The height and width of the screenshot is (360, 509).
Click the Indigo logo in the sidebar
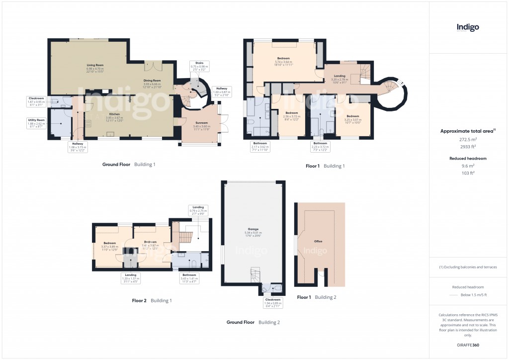tap(468, 28)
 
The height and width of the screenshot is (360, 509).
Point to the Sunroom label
tap(201, 125)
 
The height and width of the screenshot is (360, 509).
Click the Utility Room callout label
tap(36, 122)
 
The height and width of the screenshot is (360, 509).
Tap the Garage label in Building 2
tap(254, 231)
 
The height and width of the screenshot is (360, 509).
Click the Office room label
tap(318, 241)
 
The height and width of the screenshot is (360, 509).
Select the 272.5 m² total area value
tap(468, 140)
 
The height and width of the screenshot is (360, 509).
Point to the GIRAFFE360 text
tap(468, 345)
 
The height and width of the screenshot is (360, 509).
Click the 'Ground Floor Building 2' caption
tap(253, 322)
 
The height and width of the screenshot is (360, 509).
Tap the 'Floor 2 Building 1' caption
tap(152, 300)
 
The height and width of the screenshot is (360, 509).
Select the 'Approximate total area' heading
tap(467, 131)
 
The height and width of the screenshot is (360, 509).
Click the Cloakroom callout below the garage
tap(272, 301)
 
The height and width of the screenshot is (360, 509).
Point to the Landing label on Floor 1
tap(340, 78)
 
